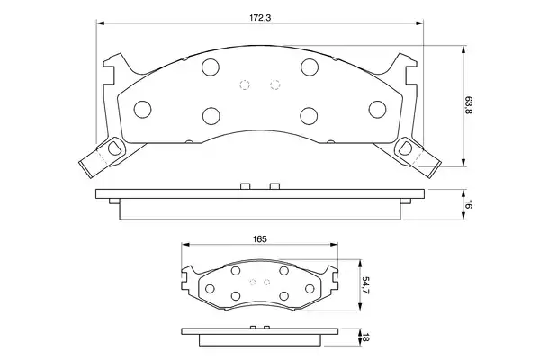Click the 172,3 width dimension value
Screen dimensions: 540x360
pyautogui.click(x=260, y=18)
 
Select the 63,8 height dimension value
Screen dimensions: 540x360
pyautogui.click(x=469, y=106)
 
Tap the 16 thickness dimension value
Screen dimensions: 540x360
pyautogui.click(x=469, y=204)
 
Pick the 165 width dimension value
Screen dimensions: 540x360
pyautogui.click(x=260, y=238)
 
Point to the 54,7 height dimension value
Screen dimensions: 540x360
pyautogui.click(x=365, y=285)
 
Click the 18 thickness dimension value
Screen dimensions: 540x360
pyautogui.click(x=365, y=337)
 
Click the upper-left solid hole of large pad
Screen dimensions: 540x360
pyautogui.click(x=211, y=67)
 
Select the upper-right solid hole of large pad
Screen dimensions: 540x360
pyautogui.click(x=310, y=67)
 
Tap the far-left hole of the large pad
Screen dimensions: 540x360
pyautogui.click(x=142, y=110)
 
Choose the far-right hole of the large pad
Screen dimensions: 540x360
pyautogui.click(x=377, y=110)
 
